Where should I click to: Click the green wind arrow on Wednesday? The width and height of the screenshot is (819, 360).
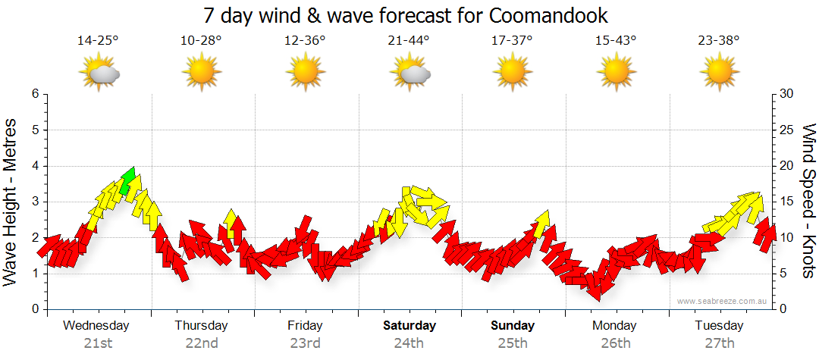pos(127,180)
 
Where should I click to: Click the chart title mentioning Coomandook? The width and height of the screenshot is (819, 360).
pos(406,15)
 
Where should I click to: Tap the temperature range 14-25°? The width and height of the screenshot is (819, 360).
pos(98,40)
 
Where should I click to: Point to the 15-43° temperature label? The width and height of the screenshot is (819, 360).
pos(615,40)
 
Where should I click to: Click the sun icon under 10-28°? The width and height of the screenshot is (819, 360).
pos(201,74)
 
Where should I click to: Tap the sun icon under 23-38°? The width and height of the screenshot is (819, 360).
pos(719,74)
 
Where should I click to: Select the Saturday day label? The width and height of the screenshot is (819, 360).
pos(409,326)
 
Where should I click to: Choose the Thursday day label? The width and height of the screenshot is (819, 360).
pos(201,326)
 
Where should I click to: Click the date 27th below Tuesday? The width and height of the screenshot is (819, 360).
pos(719,343)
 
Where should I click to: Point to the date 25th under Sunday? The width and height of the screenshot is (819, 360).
pos(512,343)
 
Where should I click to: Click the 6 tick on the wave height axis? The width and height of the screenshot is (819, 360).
pos(35,94)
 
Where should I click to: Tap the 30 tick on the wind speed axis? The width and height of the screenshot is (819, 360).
pos(787,94)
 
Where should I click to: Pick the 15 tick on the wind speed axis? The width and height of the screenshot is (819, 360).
pos(787,202)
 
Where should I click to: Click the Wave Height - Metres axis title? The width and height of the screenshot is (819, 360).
pos(11,202)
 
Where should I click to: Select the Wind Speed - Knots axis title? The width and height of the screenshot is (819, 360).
pos(808,202)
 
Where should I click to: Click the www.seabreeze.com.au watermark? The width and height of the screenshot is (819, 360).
pos(723,301)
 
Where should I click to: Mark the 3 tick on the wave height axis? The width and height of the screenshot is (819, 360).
pos(35,202)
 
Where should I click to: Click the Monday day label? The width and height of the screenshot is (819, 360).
pos(615,326)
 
